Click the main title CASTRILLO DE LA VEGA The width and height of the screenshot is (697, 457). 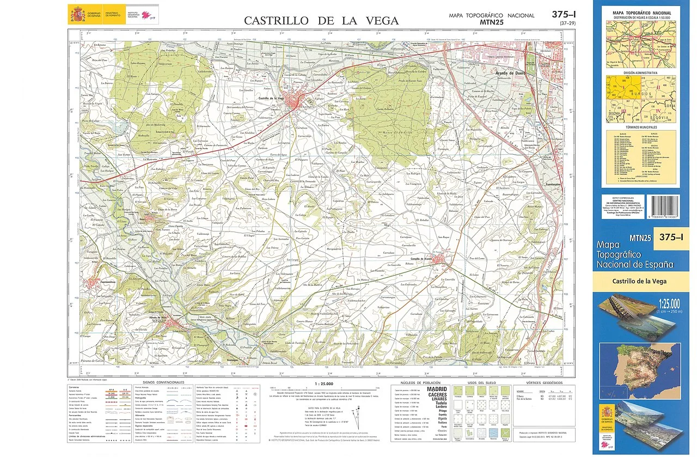pyautogui.click(x=321, y=21)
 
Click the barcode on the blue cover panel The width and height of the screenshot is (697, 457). pyautogui.click(x=664, y=208)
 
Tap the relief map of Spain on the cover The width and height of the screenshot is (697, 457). pyautogui.click(x=639, y=363)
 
